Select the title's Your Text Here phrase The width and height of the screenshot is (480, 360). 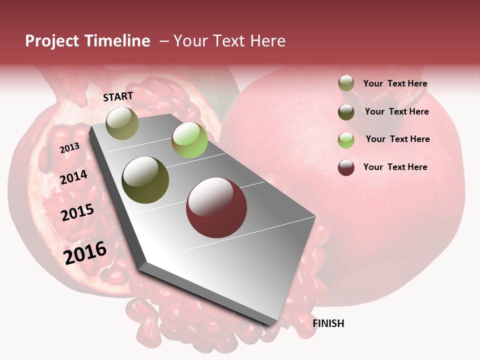pyautogui.click(x=229, y=41)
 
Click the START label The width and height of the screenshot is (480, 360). pyautogui.click(x=118, y=96)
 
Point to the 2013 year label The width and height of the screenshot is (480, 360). pyautogui.click(x=69, y=148)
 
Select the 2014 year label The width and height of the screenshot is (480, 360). pyautogui.click(x=73, y=177)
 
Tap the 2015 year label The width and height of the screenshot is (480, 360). pyautogui.click(x=77, y=212)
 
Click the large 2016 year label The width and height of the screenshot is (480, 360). pyautogui.click(x=85, y=253)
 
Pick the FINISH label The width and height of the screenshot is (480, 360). pyautogui.click(x=328, y=323)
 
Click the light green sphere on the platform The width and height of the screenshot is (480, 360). pyautogui.click(x=189, y=140)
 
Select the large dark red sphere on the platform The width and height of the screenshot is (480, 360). pyautogui.click(x=216, y=207)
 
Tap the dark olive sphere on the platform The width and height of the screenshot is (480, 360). pyautogui.click(x=145, y=180)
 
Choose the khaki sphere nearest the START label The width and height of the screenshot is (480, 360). pyautogui.click(x=122, y=123)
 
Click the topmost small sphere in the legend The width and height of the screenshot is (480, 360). pyautogui.click(x=346, y=83)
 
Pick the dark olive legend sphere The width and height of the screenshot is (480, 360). pyautogui.click(x=346, y=112)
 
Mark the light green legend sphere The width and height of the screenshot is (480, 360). pyautogui.click(x=346, y=140)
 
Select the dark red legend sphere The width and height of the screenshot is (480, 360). pyautogui.click(x=346, y=167)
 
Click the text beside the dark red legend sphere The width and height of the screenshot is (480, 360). pyautogui.click(x=395, y=167)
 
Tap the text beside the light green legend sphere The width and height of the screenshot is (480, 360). pyautogui.click(x=397, y=139)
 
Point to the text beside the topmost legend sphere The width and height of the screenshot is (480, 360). pyautogui.click(x=395, y=83)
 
